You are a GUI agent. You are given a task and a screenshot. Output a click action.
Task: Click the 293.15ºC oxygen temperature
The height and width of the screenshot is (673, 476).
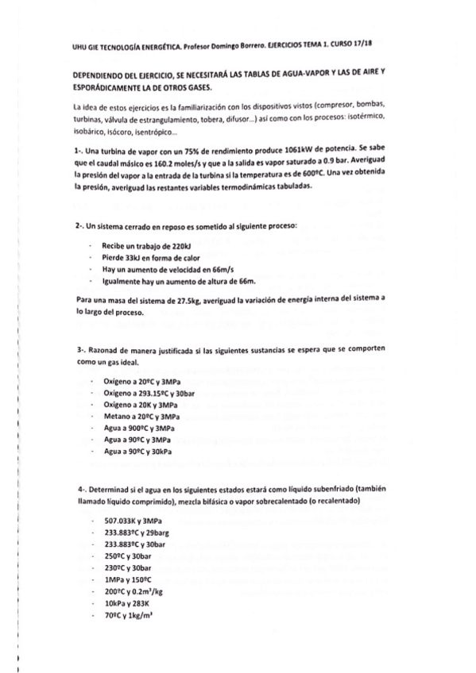[149, 393]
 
